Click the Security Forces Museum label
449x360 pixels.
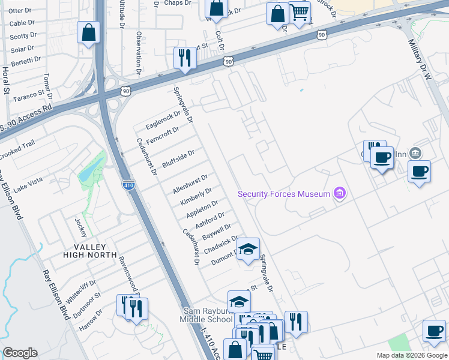284,194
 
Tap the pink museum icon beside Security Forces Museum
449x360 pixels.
340,193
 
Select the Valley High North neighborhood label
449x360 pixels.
91,251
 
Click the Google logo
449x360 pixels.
20,353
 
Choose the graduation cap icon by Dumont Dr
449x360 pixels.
247,250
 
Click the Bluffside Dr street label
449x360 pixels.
178,160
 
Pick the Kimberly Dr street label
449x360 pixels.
196,197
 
